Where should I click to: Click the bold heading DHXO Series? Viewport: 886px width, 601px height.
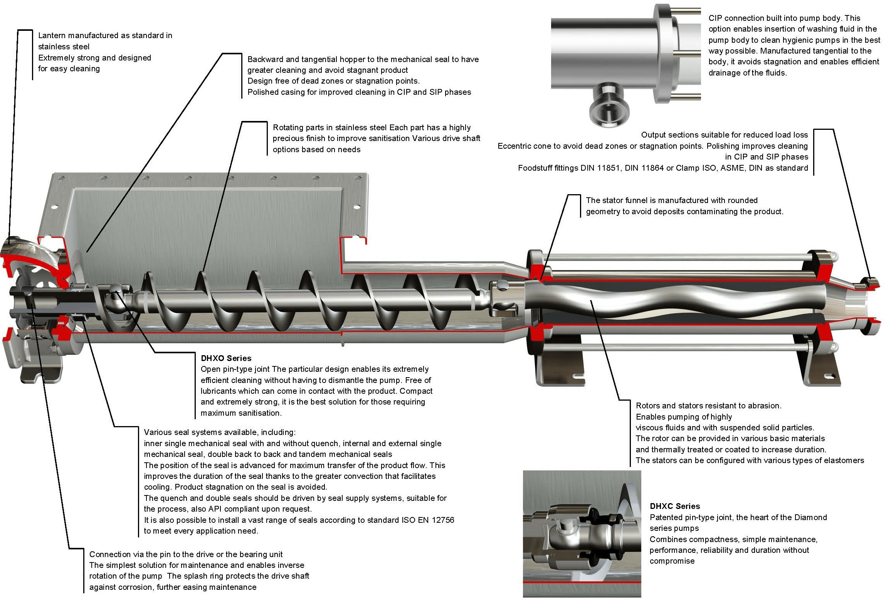(226, 358)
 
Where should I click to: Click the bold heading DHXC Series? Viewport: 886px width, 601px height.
(674, 506)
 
